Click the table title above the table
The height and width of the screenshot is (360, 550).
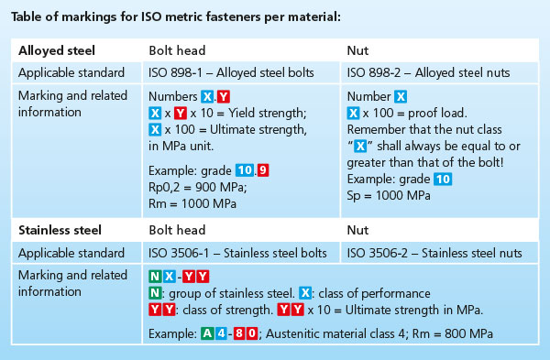176,16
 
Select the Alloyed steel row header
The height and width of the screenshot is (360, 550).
57,50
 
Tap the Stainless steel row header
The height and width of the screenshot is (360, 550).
60,230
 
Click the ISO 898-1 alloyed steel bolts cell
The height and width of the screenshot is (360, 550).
231,73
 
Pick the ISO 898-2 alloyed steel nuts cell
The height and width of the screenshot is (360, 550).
428,73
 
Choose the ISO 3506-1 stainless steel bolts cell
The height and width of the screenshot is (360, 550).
237,253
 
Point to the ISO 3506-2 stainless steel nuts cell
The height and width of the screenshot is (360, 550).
434,253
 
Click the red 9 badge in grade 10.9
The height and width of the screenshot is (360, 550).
263,170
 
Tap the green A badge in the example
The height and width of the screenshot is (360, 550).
207,333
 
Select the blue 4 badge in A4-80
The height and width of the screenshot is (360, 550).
221,333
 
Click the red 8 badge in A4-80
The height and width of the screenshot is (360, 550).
239,333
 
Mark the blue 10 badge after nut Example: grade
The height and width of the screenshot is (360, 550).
443,180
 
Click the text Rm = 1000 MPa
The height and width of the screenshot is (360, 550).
192,203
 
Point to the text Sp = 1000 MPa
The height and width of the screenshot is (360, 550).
389,196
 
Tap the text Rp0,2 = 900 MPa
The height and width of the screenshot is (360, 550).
198,187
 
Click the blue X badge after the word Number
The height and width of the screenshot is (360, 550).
401,96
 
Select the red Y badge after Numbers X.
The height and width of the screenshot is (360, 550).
224,96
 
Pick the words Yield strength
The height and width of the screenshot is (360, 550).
268,114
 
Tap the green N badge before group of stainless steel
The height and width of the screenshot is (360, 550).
155,293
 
